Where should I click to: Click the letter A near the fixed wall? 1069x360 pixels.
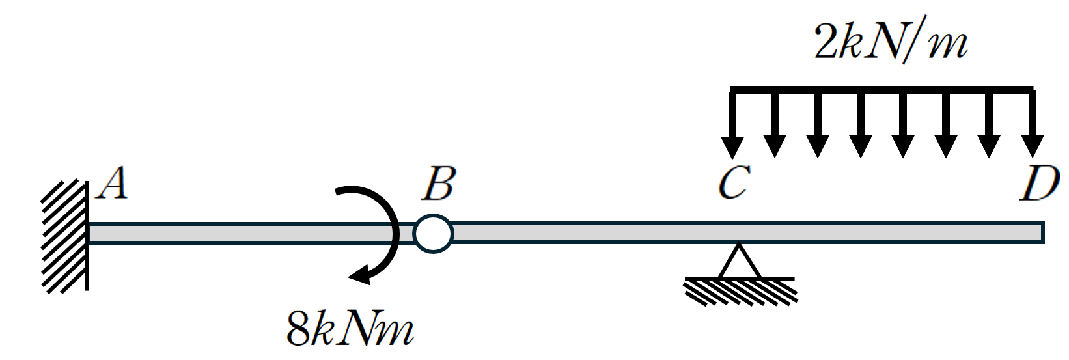(x=112, y=183)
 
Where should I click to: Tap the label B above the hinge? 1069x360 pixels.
(x=439, y=184)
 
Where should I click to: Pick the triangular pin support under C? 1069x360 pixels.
(x=739, y=260)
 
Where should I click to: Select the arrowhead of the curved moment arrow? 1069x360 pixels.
(x=361, y=275)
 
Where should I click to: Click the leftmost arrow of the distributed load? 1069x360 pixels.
(x=732, y=124)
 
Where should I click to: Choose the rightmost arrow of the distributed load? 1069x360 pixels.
(x=1033, y=124)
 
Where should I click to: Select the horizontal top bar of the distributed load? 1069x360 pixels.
(x=882, y=89)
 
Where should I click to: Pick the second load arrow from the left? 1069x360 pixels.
(x=775, y=124)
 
